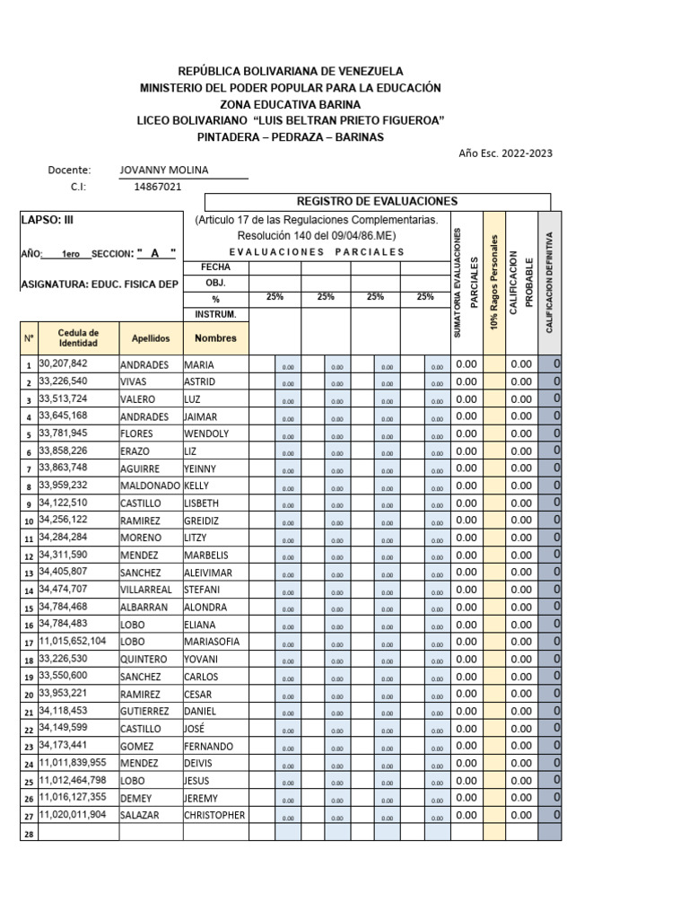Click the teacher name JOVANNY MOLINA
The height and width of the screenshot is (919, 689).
[x=163, y=170]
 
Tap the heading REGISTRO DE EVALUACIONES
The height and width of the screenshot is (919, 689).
[x=377, y=202]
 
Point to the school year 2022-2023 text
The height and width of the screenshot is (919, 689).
[x=505, y=153]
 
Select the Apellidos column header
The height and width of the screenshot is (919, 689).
[x=151, y=338]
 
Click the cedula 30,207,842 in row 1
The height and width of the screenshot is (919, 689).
[x=63, y=364]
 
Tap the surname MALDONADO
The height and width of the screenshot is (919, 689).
[x=150, y=486]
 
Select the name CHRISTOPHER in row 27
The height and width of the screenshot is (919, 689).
[x=214, y=815]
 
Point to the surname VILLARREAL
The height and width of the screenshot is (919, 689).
[x=147, y=590]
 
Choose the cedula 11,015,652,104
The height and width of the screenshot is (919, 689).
[x=72, y=642]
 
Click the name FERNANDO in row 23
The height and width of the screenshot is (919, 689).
[x=208, y=746]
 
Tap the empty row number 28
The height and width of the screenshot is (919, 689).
[x=28, y=834]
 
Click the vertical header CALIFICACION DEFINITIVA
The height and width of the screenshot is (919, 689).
[x=549, y=281]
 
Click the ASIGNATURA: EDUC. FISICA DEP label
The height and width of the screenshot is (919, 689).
[x=99, y=284]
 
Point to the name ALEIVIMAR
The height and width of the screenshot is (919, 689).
[x=209, y=573]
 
